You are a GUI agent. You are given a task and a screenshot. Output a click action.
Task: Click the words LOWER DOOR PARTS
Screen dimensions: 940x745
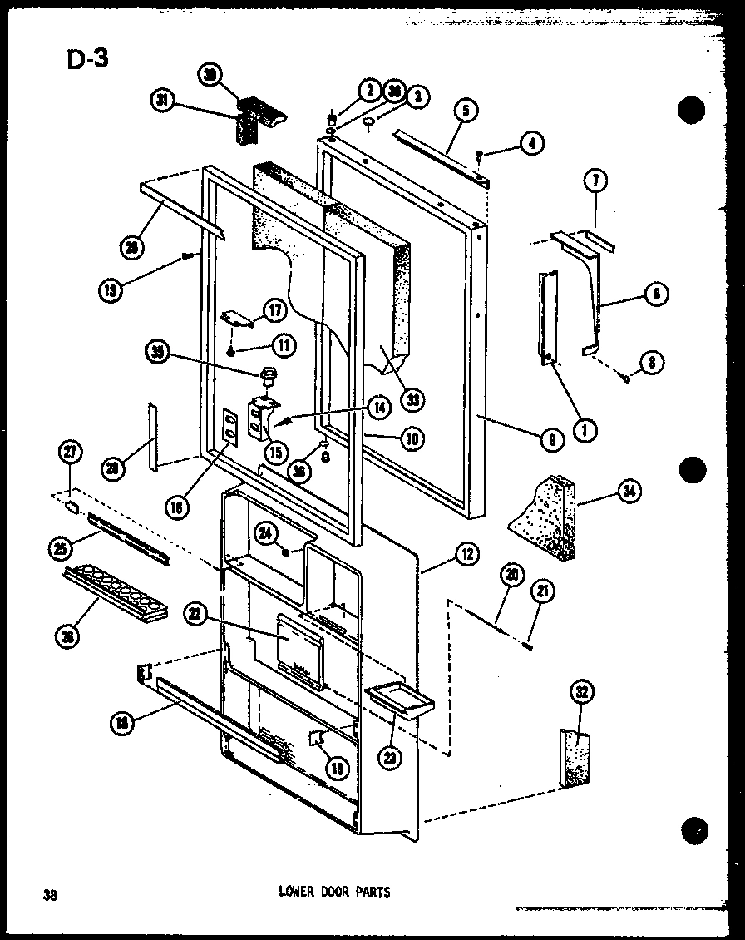tap(333, 892)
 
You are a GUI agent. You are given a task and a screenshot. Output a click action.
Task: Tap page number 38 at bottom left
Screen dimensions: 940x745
tap(51, 895)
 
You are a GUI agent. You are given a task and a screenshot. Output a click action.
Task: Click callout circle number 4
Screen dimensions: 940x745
tap(530, 144)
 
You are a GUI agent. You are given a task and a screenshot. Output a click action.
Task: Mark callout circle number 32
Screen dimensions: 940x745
tap(581, 692)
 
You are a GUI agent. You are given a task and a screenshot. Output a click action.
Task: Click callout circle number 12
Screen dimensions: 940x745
tap(466, 555)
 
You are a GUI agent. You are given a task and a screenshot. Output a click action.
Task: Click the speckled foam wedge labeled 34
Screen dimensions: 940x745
tap(545, 517)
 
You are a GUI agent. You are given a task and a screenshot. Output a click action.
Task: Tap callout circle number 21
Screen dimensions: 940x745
tap(544, 591)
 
